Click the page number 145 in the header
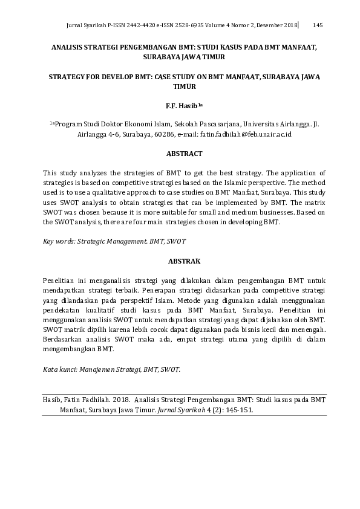(318, 25)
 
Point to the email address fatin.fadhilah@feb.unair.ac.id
(246, 134)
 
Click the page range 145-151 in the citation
(239, 409)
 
